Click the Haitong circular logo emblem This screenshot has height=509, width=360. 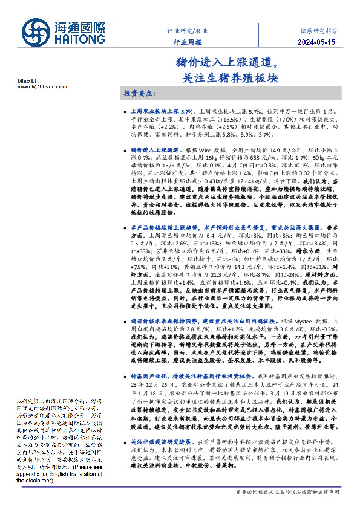(x=37, y=32)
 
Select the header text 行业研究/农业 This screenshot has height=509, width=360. (x=188, y=30)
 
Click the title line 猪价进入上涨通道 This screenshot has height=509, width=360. (x=226, y=62)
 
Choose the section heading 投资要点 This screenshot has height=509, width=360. (x=139, y=95)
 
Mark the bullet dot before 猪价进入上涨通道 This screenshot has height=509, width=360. (x=125, y=148)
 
